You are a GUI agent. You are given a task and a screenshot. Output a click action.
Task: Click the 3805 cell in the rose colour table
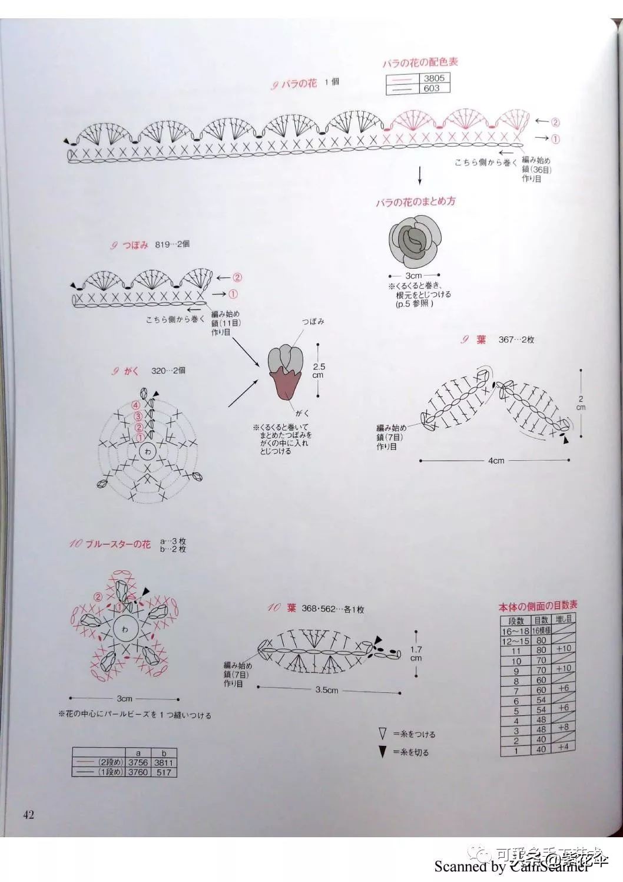434,78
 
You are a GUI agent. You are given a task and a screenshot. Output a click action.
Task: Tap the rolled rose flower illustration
415,241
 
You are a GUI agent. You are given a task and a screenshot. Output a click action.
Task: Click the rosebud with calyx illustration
286,373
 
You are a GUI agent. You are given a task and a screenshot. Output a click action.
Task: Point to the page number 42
28,815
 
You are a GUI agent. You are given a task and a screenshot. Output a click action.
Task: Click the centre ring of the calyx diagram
147,452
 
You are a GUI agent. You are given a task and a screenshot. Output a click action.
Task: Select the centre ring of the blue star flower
125,629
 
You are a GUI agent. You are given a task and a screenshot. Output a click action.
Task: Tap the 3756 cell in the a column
138,762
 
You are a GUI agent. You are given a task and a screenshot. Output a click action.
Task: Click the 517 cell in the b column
164,772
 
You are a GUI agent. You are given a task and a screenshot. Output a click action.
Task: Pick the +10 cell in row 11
564,649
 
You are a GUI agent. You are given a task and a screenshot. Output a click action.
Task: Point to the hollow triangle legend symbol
383,734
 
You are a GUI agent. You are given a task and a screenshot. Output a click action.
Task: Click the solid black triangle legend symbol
383,752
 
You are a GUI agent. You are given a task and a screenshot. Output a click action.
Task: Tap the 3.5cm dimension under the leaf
327,689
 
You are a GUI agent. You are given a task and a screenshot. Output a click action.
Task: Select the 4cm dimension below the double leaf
496,461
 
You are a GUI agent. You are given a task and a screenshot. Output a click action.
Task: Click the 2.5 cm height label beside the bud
319,370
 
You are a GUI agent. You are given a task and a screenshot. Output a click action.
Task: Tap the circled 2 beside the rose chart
555,123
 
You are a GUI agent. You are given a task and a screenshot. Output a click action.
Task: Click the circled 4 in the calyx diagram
136,405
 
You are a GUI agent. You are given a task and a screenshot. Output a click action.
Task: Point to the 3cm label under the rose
413,276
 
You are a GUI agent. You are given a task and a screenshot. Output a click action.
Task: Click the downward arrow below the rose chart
420,176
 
